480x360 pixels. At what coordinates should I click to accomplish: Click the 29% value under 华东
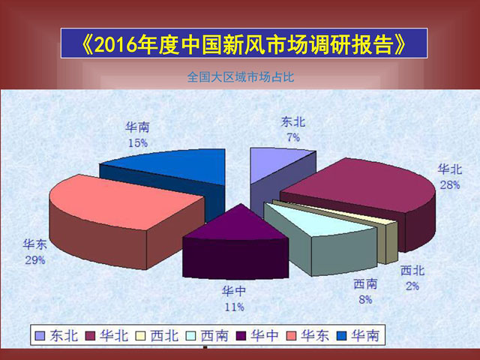(35, 260)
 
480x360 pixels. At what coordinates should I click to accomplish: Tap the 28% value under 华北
(450, 185)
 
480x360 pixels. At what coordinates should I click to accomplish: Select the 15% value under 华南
(138, 143)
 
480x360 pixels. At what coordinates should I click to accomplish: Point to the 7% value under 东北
(293, 137)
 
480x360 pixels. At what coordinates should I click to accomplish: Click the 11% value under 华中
(235, 307)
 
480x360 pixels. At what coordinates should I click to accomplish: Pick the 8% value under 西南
(365, 300)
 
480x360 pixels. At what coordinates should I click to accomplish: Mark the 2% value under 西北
(412, 286)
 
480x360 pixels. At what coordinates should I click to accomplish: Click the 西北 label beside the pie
(412, 271)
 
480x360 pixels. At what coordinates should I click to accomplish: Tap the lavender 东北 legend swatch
(40, 336)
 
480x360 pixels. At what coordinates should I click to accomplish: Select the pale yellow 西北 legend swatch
(140, 336)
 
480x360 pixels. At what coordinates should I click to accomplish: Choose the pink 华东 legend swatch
(291, 336)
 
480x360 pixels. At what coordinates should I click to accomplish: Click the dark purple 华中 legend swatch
(241, 336)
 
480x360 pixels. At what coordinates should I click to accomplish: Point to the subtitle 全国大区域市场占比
(241, 76)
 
